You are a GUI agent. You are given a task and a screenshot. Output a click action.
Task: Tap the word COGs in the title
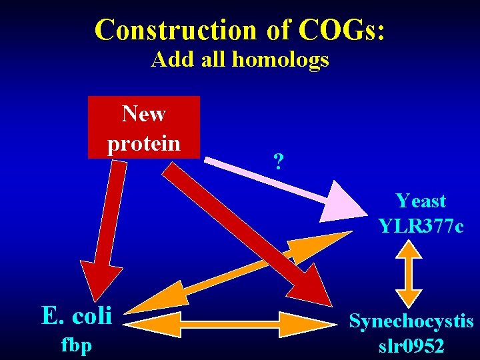click(341, 30)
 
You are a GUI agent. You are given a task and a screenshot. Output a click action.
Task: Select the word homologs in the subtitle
click(280, 60)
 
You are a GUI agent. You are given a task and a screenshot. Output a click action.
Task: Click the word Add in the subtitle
click(167, 60)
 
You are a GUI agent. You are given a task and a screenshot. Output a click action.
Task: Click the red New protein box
click(144, 127)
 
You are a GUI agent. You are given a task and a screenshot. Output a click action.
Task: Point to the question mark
click(279, 161)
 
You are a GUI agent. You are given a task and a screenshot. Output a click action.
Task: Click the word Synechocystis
click(411, 322)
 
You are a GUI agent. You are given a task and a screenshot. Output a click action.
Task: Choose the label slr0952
click(411, 347)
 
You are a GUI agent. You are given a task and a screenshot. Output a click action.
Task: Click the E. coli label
click(77, 315)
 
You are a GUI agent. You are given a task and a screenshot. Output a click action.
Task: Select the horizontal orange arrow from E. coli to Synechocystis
click(233, 325)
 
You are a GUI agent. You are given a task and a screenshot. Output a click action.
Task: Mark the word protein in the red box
click(144, 143)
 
